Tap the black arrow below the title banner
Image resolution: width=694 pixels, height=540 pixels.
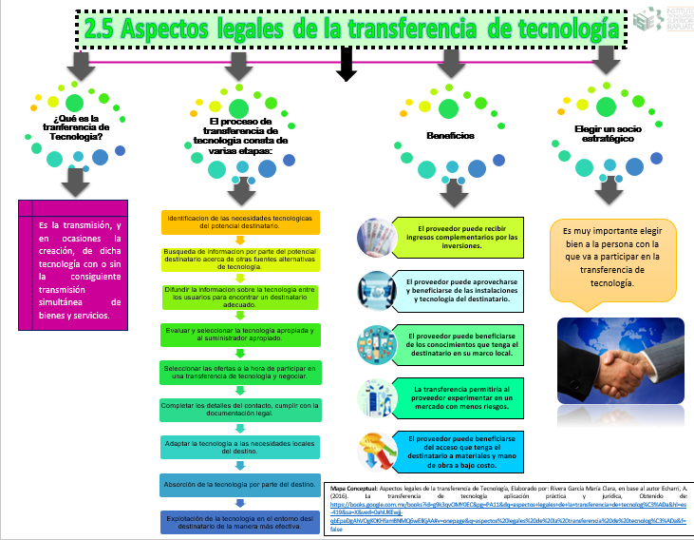(347, 64)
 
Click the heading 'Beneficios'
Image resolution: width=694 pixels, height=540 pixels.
(450, 136)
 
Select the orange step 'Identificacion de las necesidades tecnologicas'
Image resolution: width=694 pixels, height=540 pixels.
(241, 222)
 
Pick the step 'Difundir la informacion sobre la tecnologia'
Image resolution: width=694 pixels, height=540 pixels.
(241, 296)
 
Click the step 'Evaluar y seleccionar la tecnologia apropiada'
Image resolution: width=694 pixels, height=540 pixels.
(241, 333)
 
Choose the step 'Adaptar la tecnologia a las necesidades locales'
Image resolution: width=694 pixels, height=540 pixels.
(241, 447)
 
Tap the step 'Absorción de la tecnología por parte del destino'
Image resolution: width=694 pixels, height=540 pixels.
(241, 484)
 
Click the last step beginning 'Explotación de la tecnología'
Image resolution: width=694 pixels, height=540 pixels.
(241, 520)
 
